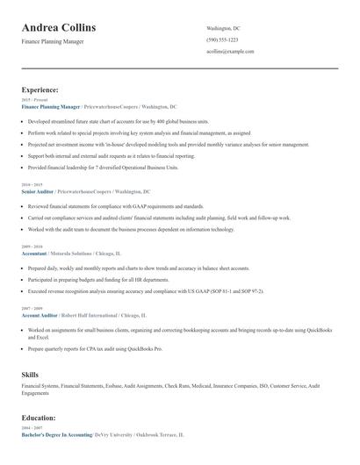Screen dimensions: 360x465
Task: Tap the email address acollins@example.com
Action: click(230, 52)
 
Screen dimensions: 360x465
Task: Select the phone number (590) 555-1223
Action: click(221, 39)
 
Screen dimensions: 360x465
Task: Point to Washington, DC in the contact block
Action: click(223, 28)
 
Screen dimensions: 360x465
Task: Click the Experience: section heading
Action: click(40, 89)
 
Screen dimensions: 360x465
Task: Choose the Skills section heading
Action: click(30, 375)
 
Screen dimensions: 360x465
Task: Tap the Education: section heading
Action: click(39, 418)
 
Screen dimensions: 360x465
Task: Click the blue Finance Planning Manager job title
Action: click(51, 106)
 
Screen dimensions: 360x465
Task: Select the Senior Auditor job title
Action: click(39, 190)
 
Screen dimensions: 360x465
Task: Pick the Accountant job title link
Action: click(37, 253)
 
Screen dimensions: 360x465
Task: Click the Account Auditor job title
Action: click(40, 315)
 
